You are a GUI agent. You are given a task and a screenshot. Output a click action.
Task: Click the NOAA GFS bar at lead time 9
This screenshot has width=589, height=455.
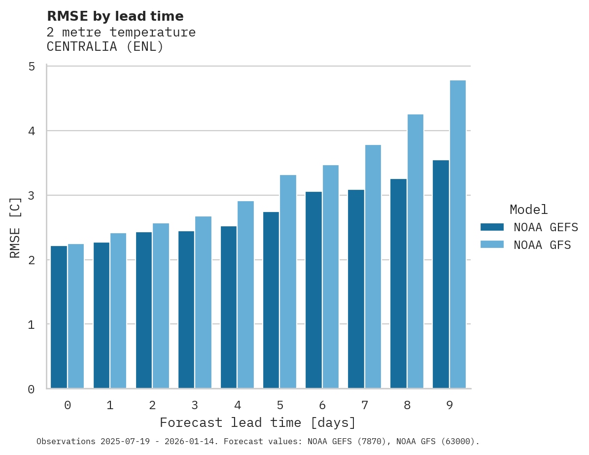[x=458, y=234]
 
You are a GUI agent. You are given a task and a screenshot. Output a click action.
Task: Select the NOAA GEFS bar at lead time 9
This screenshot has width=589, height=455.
[x=441, y=274]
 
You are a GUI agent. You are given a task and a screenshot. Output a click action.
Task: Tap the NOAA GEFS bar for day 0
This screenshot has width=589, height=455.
[x=59, y=317]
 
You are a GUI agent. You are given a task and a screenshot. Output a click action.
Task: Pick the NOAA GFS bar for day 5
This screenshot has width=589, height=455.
[x=288, y=281]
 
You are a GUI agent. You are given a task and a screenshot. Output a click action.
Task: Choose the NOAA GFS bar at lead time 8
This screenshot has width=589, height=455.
[x=416, y=251]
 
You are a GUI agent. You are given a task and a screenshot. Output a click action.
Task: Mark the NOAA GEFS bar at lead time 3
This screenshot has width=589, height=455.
[x=186, y=310]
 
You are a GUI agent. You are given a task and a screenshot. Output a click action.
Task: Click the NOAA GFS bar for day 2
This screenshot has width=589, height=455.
[x=161, y=306]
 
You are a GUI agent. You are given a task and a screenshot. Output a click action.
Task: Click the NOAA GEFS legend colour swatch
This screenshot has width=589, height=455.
[x=492, y=227]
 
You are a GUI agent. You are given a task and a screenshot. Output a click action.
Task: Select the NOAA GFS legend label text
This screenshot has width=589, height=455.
[x=542, y=245]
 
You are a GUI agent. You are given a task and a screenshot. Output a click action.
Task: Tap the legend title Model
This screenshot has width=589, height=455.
[x=528, y=210]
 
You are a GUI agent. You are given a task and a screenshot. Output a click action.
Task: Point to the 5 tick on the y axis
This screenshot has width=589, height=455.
[x=32, y=66]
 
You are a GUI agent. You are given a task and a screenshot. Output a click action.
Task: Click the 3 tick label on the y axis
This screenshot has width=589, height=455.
[x=32, y=195]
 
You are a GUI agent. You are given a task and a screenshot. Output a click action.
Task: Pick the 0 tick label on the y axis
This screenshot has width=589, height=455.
[x=32, y=389]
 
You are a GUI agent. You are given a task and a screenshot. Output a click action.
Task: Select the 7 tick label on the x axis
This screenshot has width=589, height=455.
[x=364, y=405]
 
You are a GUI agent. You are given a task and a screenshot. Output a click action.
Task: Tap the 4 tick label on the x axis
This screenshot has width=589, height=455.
[x=237, y=405]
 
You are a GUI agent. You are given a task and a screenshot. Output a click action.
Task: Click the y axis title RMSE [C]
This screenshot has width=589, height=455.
[x=15, y=227]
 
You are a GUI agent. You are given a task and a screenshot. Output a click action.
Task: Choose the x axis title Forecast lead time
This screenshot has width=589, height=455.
[x=257, y=423]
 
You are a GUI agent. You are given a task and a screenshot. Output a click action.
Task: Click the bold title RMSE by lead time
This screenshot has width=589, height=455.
[x=115, y=16]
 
